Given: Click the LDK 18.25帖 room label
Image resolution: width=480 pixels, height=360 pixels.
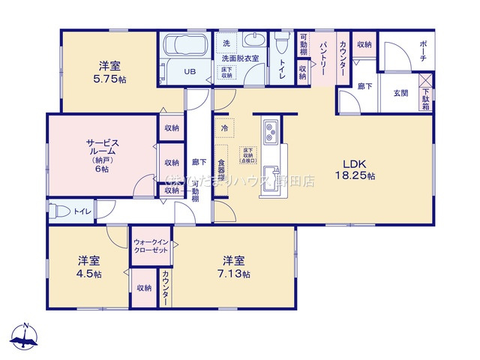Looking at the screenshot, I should pos(359,169).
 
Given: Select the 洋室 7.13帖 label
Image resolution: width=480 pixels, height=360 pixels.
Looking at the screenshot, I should pos(235,267).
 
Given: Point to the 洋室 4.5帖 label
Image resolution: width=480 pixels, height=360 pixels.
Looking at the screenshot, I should pos(88,267).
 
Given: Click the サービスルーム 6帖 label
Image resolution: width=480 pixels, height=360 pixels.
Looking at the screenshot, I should pos(101,154).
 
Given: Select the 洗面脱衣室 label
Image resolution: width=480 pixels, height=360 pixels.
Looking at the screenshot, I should pos(240,58).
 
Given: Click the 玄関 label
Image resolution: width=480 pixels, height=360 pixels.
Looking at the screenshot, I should pos(400,93).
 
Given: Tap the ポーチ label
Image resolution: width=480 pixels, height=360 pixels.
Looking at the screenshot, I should pos(423,53).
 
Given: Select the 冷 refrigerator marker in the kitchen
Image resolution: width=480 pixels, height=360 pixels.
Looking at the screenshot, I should pos(224,128).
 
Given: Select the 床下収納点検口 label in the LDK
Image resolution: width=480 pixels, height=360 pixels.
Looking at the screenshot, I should pos(247,154).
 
